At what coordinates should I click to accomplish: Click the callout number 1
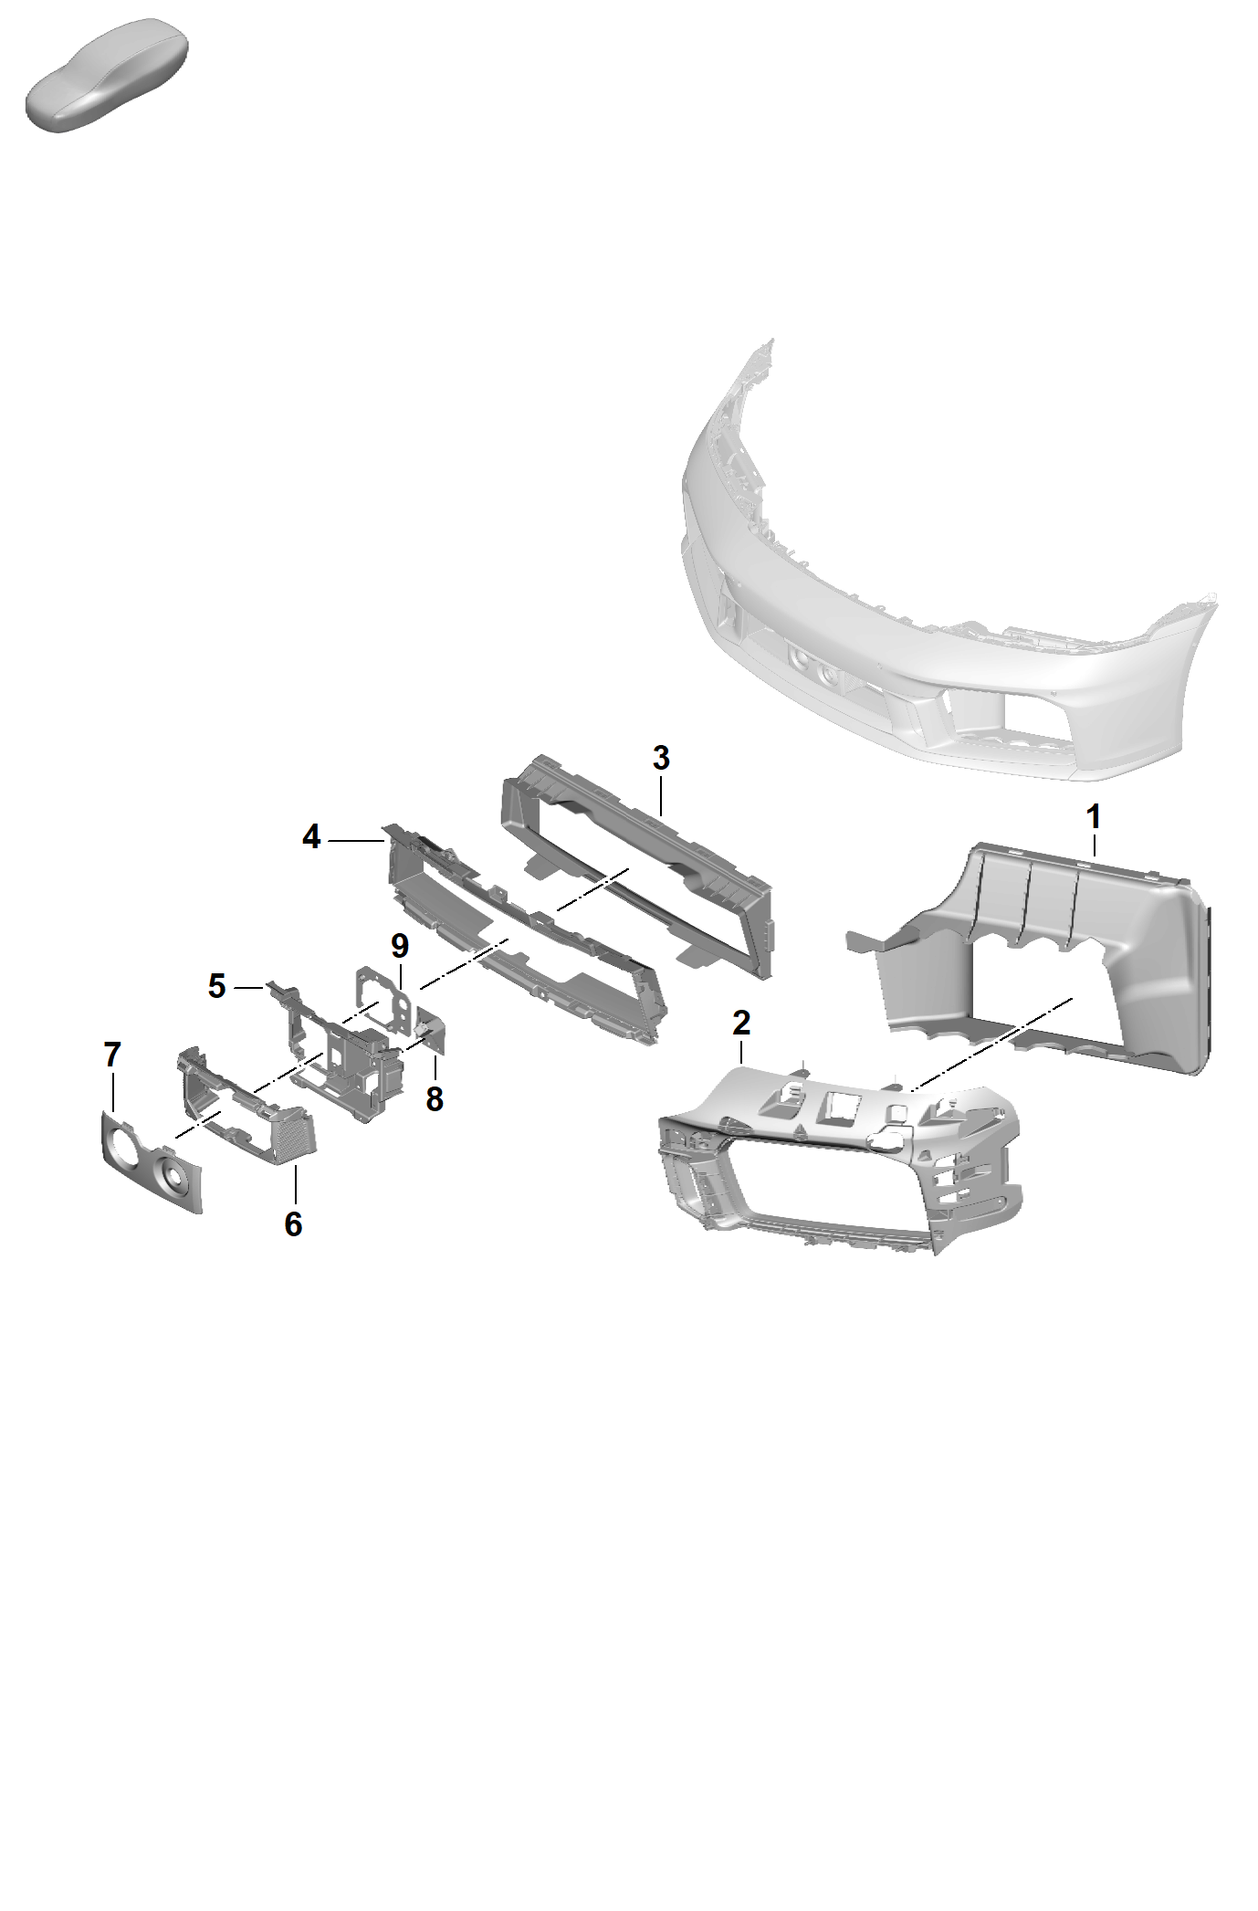pyautogui.click(x=1094, y=817)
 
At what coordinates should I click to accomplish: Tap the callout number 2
pyautogui.click(x=741, y=1023)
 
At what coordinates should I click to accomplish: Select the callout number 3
pyautogui.click(x=661, y=758)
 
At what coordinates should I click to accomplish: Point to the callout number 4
pyautogui.click(x=312, y=837)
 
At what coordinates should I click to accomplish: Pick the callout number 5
pyautogui.click(x=216, y=986)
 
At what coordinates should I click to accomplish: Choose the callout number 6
pyautogui.click(x=293, y=1224)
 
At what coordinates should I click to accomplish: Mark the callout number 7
pyautogui.click(x=112, y=1055)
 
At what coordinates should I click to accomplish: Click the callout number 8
pyautogui.click(x=435, y=1099)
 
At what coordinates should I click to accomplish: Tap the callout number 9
pyautogui.click(x=400, y=946)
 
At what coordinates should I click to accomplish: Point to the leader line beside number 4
pyautogui.click(x=357, y=839)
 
